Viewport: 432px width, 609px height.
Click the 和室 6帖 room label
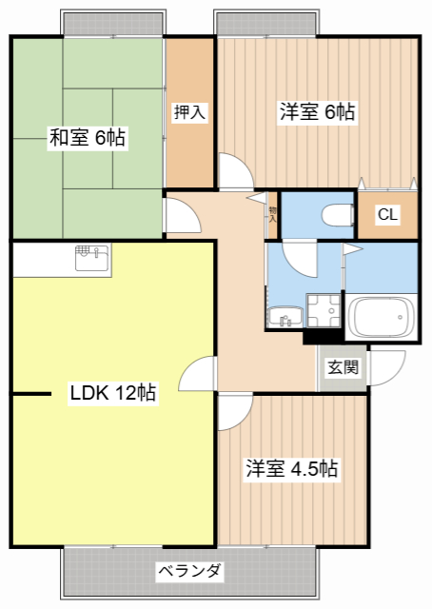point(88,137)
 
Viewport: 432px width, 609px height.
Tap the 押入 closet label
point(189,112)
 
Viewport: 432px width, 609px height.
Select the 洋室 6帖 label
point(318,112)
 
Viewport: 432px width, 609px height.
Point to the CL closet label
point(387,214)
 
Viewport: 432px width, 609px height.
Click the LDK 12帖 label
point(113,393)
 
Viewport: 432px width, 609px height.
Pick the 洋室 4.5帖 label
point(292,468)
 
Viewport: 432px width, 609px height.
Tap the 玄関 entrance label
point(343,367)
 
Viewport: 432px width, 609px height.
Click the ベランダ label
point(190,571)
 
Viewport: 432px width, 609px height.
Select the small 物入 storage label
point(273,215)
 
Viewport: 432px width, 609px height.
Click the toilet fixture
point(338,214)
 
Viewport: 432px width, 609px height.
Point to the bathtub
point(381,317)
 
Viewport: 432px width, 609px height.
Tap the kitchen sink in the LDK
point(93,258)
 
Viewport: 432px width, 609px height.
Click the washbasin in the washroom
point(285,317)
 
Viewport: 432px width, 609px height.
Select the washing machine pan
point(324,310)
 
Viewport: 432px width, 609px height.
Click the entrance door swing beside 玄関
point(387,368)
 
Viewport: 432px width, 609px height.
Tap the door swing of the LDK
point(196,373)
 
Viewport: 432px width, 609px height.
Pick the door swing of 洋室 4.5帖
point(235,412)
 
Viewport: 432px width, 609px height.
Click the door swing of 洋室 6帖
point(236,171)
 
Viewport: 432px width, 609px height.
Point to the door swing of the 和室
point(183,216)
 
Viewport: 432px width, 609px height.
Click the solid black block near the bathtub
point(324,336)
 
